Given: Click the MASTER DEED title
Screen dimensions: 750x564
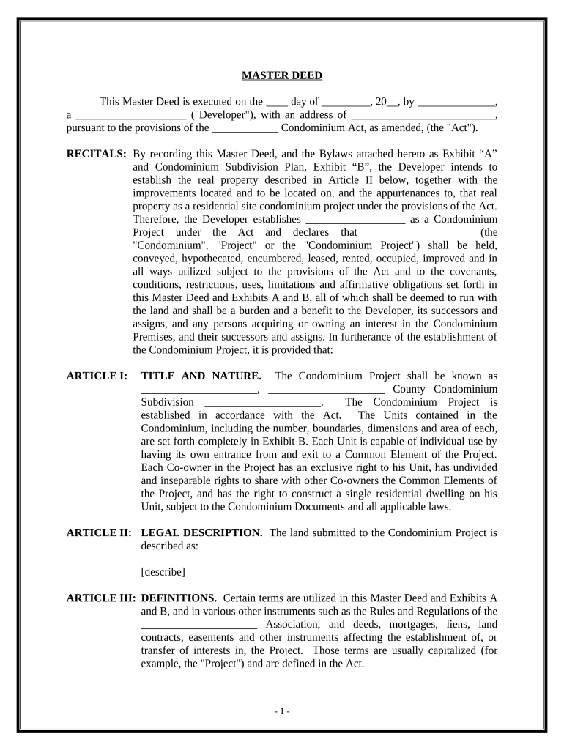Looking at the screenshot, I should [x=282, y=75].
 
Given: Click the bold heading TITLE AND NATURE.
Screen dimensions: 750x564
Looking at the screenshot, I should [x=201, y=376].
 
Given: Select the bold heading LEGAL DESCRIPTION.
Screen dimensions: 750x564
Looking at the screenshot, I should [x=201, y=532].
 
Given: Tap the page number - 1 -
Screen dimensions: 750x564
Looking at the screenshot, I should [x=282, y=711].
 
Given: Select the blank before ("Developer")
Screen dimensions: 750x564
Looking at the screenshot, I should [x=131, y=116].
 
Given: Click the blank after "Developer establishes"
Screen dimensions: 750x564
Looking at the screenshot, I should [x=355, y=219].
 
